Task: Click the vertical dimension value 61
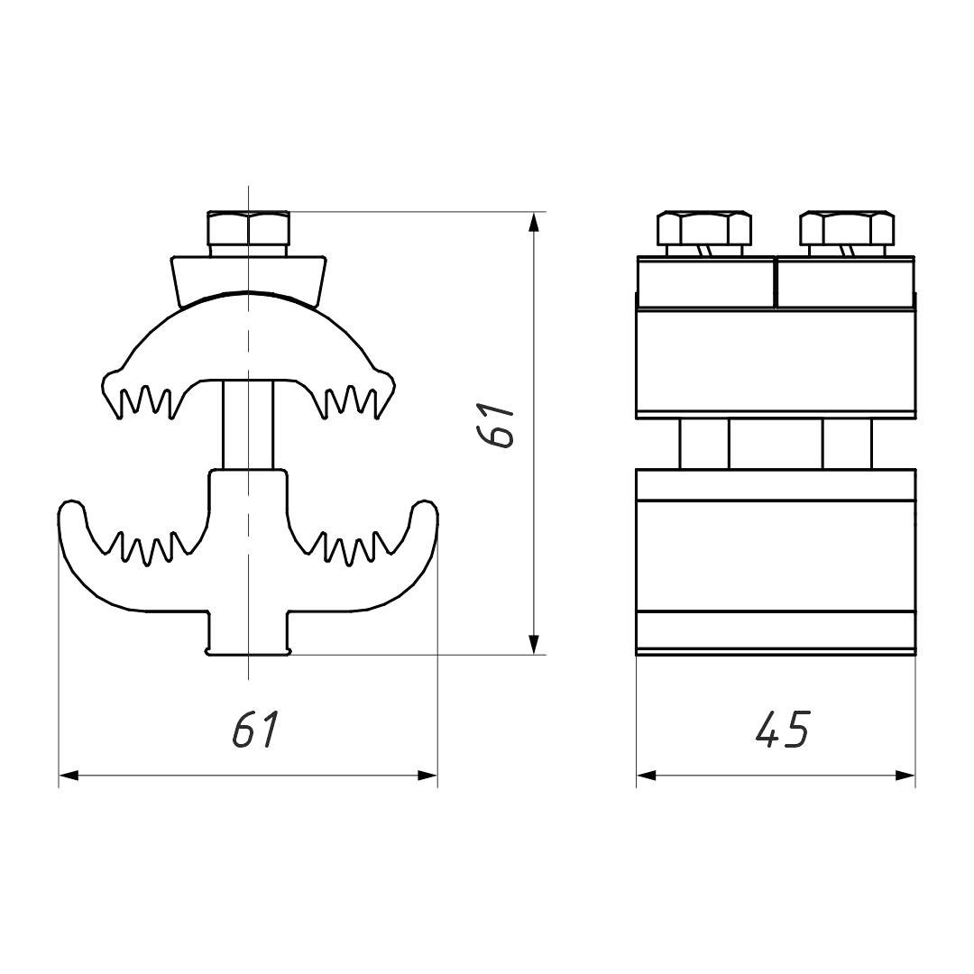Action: click(x=496, y=425)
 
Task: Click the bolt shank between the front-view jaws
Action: click(x=248, y=426)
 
